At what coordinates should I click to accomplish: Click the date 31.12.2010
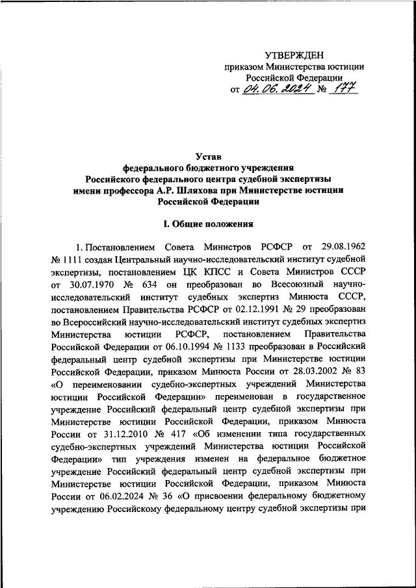pyautogui.click(x=105, y=433)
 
